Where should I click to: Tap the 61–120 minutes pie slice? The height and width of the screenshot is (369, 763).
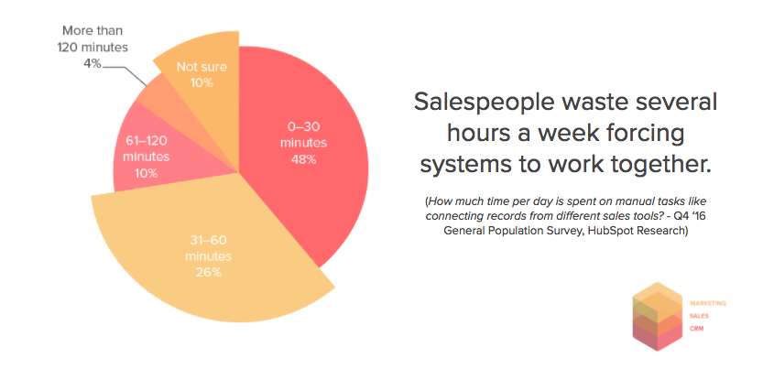pos(146,156)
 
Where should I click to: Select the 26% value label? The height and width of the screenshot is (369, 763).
pos(209,272)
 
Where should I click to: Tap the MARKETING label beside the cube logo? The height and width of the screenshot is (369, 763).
pos(707,303)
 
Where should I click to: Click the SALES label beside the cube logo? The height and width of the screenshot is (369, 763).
pos(699,316)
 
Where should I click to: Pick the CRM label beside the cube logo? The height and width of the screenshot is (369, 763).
pos(696,329)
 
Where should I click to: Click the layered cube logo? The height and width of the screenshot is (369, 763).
pos(658,317)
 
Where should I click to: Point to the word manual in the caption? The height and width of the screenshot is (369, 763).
pos(552,201)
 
